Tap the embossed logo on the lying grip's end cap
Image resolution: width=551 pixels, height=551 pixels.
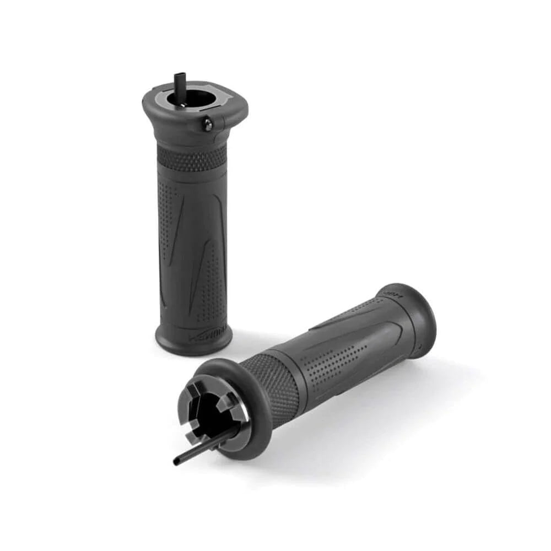click(392, 293)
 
